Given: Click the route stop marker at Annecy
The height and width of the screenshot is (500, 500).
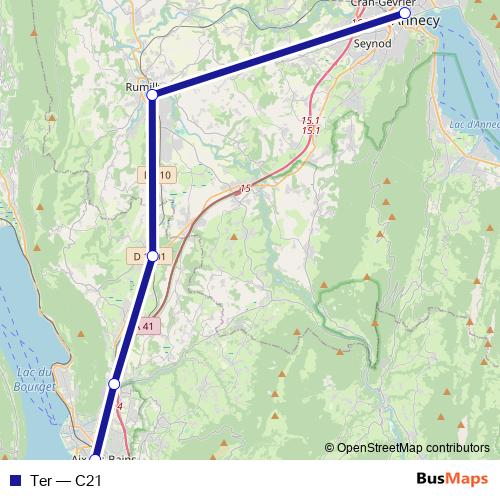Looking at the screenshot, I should click(x=405, y=15).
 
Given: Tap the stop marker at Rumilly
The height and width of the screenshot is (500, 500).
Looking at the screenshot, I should click(x=152, y=97).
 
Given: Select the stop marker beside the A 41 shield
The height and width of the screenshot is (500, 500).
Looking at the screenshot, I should click(x=114, y=384).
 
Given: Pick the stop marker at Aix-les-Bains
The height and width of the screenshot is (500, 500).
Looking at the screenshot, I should click(x=94, y=460).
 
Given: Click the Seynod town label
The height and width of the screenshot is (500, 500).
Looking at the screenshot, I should click(x=371, y=45).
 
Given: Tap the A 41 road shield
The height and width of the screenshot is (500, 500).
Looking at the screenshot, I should click(x=147, y=326).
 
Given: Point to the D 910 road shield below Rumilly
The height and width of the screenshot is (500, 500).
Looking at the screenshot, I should click(x=158, y=175).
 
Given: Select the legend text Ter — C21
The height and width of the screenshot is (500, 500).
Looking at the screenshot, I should click(x=68, y=481).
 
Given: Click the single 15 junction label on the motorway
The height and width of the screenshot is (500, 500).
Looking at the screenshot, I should click(x=245, y=188).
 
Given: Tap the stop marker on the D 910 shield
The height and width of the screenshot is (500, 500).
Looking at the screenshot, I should click(x=152, y=256).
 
